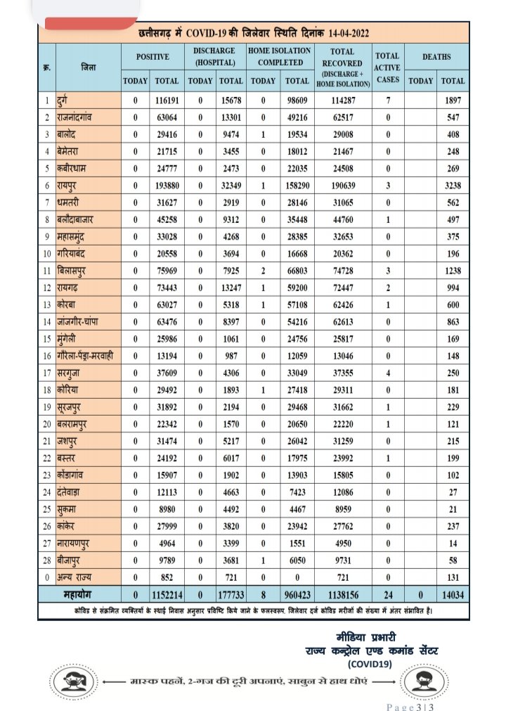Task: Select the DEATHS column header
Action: tap(436, 56)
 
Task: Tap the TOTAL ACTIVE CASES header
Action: tap(387, 67)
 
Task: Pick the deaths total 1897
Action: tap(453, 101)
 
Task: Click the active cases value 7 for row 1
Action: tap(387, 101)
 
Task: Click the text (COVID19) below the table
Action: tap(370, 662)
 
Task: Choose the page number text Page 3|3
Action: tap(412, 705)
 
